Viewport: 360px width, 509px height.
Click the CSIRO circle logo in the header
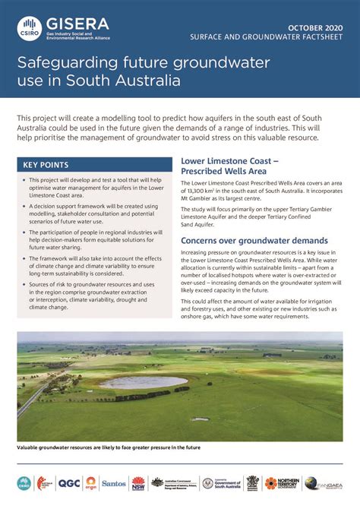(x=30, y=29)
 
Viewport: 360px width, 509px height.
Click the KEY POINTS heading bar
(x=94, y=165)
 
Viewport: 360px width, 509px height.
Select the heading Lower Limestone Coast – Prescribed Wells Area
(x=229, y=166)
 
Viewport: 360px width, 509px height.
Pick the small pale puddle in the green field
(x=199, y=419)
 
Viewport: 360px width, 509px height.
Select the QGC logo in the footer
(x=68, y=483)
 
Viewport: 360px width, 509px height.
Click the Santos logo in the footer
(x=114, y=483)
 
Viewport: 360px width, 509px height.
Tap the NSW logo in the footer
(x=138, y=483)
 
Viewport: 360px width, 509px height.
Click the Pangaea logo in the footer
(x=322, y=483)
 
